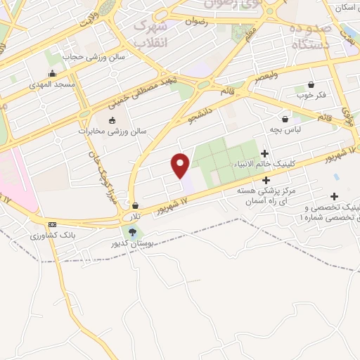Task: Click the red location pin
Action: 181,165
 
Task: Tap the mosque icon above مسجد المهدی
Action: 52,74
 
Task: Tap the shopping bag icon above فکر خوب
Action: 310,84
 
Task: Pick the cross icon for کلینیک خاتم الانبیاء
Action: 264,153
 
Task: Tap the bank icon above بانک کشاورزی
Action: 51,224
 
